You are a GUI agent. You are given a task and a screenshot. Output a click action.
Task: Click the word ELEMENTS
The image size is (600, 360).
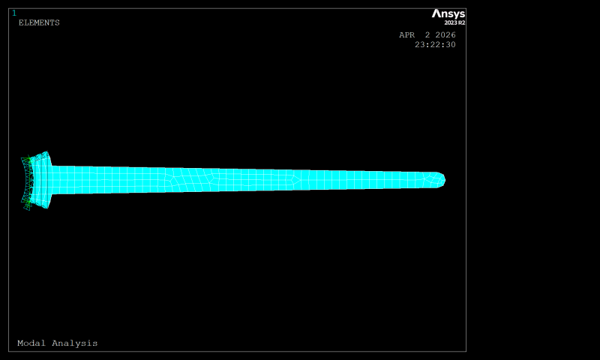point(39,23)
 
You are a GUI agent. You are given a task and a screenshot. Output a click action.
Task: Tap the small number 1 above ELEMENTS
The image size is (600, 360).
point(14,13)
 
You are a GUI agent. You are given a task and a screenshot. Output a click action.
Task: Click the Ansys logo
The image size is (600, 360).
point(448,14)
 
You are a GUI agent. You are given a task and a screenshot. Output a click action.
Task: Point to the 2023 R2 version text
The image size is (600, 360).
point(454,23)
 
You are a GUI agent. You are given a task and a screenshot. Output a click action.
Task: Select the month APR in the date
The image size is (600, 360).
point(406,34)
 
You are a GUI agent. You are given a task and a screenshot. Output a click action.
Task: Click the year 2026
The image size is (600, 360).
point(445,34)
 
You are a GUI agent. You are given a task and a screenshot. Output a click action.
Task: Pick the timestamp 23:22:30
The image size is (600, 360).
point(435,45)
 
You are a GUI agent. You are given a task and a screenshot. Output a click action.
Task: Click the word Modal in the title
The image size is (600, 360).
point(31,343)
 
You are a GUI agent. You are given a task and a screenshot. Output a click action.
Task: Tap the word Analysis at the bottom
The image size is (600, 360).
point(75,343)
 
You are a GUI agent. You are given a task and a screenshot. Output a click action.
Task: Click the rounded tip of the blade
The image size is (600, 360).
point(445,180)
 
